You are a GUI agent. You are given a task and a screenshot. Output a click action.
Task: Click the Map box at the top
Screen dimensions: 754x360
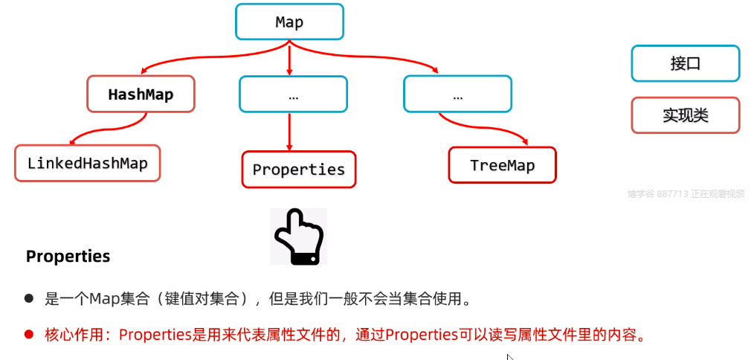[289, 22]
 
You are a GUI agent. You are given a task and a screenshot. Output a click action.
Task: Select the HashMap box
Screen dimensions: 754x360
[141, 94]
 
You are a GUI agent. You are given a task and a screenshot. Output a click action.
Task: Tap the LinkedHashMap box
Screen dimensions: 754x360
[88, 163]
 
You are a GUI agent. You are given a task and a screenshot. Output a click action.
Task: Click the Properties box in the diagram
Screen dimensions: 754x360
[299, 170]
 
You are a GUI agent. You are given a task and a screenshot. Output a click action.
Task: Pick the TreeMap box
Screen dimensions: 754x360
[502, 165]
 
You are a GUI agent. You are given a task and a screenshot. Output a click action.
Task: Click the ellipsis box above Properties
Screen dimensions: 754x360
[293, 94]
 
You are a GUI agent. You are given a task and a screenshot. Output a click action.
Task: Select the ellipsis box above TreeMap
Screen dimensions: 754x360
[457, 94]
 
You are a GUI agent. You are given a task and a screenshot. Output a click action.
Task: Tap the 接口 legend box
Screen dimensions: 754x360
[685, 63]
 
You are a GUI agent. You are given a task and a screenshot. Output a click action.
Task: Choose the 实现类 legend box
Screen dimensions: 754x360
[685, 115]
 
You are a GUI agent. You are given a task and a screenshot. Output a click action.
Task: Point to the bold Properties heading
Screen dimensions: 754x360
[68, 257]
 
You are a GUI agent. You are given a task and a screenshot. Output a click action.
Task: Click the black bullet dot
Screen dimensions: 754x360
[30, 299]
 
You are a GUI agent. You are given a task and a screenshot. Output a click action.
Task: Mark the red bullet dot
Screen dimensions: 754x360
[30, 334]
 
